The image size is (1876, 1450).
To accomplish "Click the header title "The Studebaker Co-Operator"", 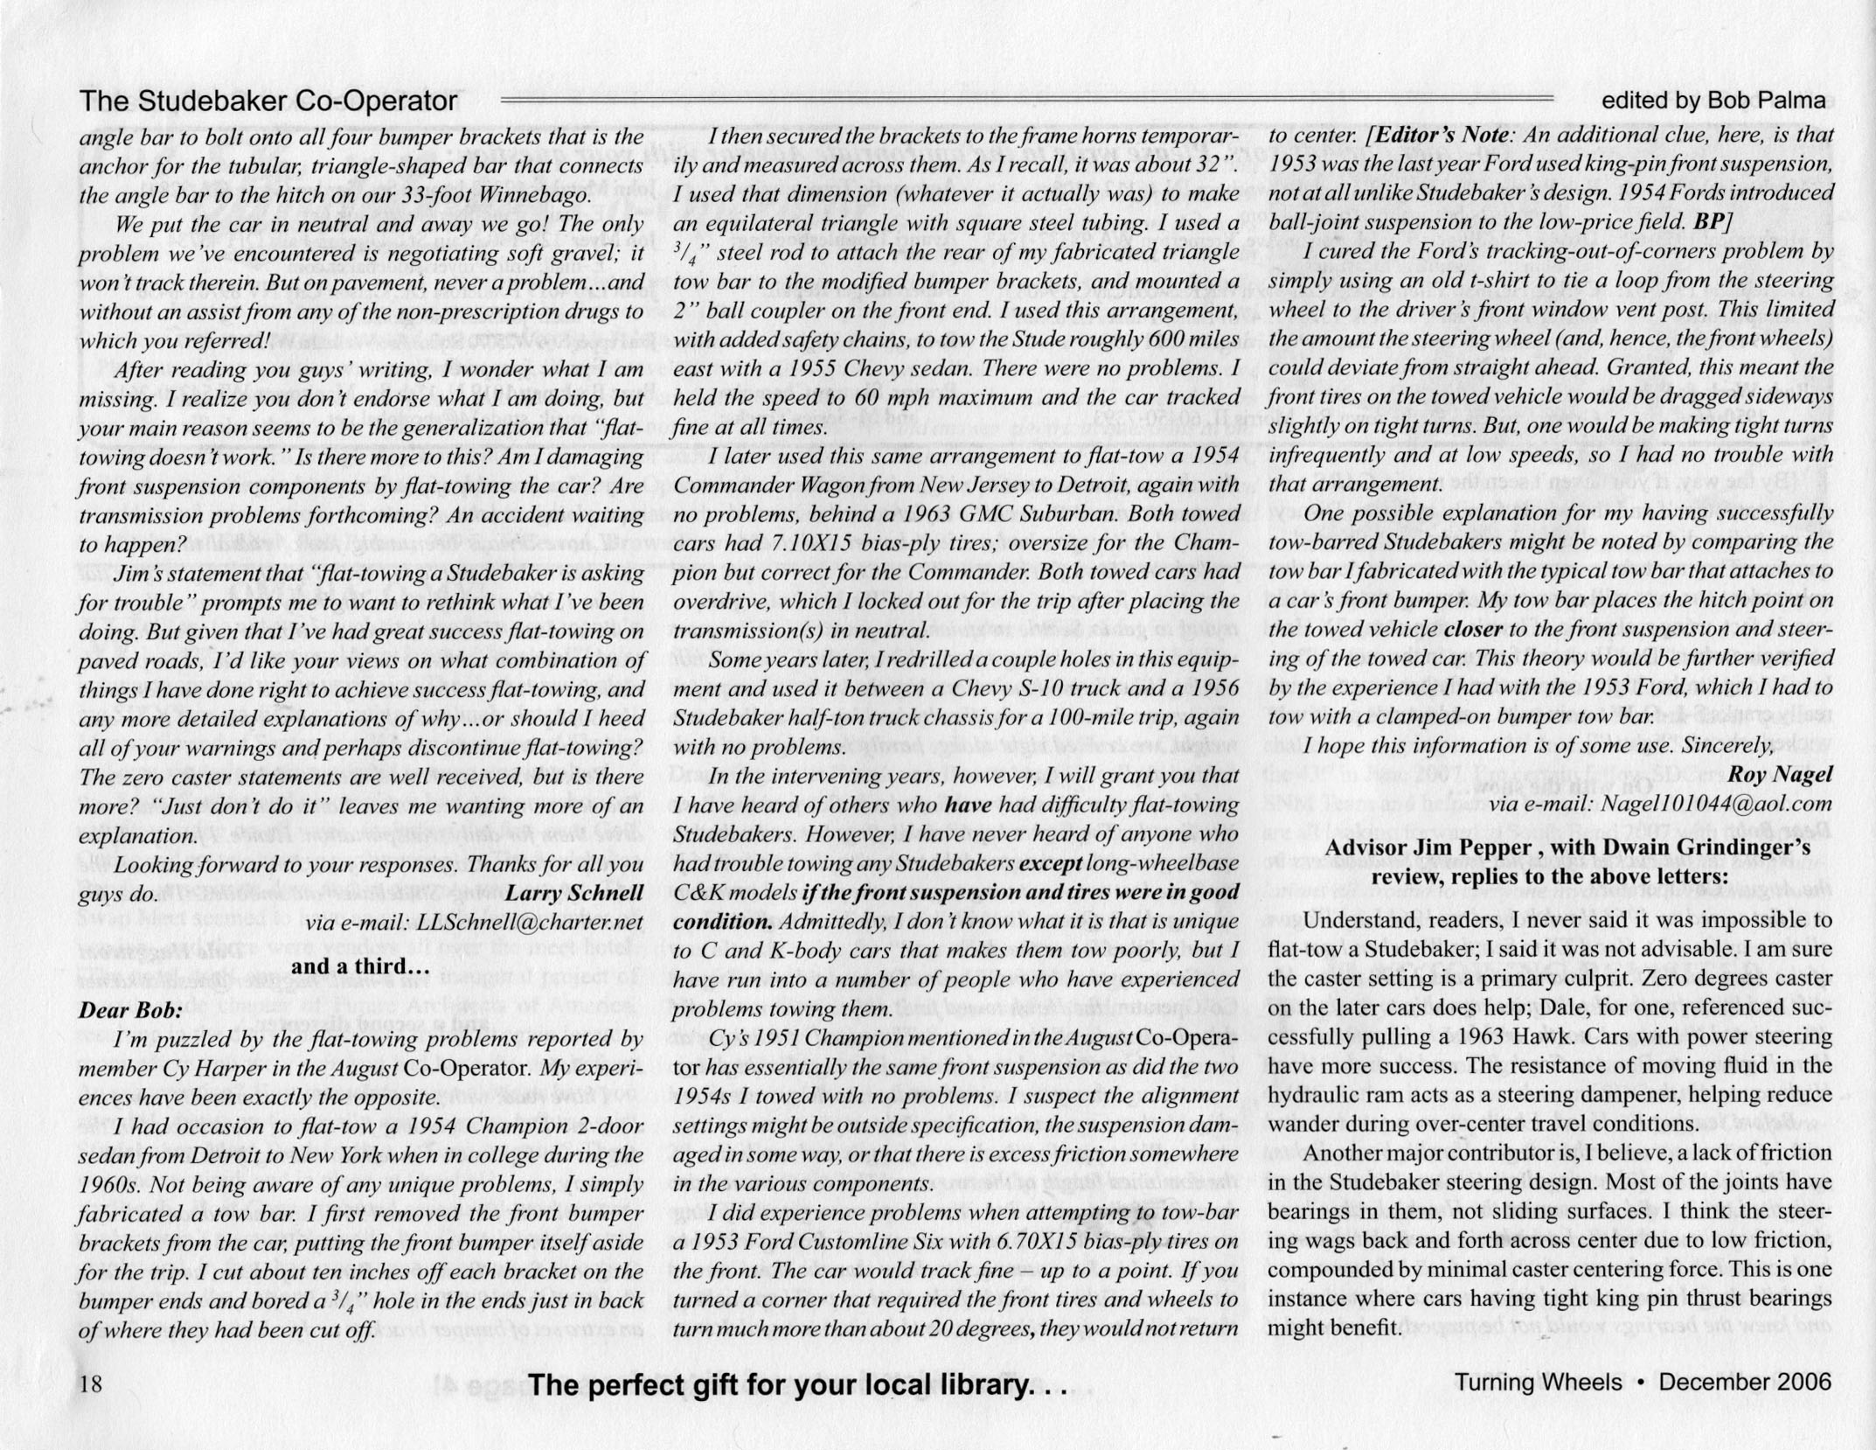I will pos(268,101).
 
